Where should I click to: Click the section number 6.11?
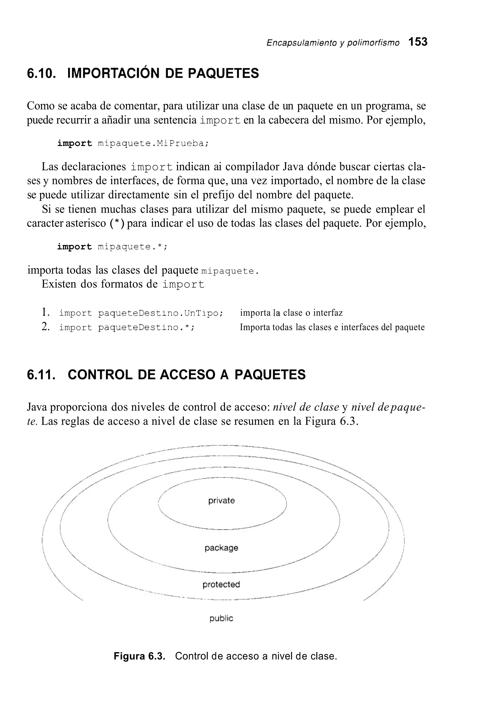42,375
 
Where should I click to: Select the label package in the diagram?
221,548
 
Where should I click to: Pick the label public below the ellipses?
221,618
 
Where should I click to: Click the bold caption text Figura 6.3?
139,656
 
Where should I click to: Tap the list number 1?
45,312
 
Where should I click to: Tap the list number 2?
45,327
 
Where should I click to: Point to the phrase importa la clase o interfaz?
291,313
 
